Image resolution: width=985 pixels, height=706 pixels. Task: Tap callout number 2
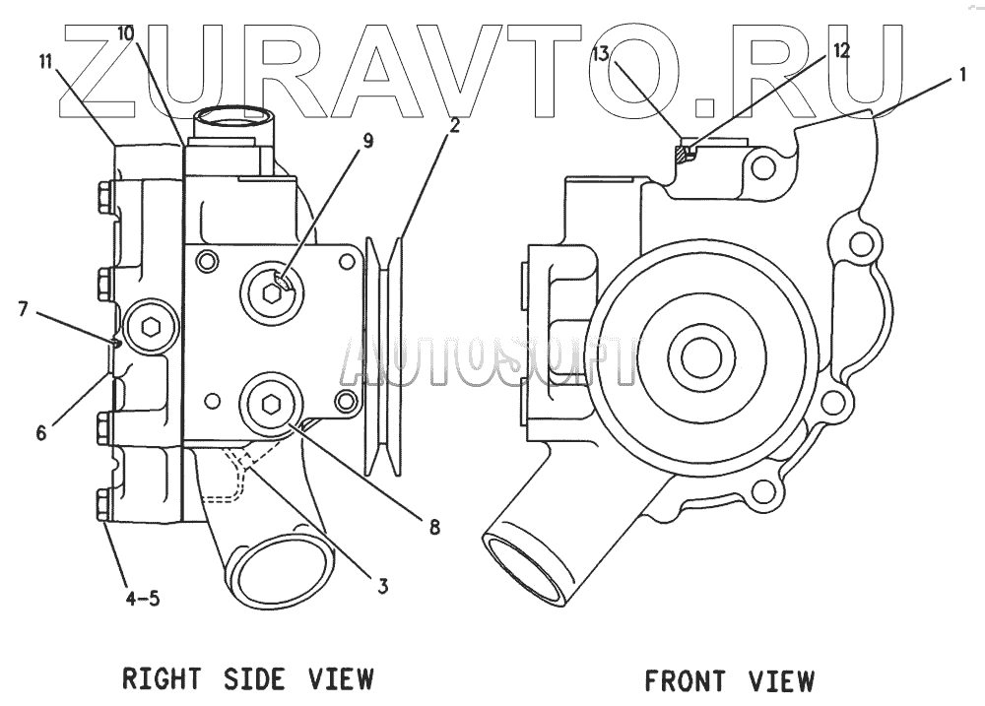(454, 125)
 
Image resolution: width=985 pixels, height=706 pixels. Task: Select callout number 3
(382, 587)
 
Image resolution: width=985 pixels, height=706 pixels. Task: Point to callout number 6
(41, 431)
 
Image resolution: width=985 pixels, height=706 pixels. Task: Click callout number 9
(367, 142)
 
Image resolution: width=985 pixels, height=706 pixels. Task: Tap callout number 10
(125, 32)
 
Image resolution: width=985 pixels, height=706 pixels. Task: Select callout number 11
(45, 62)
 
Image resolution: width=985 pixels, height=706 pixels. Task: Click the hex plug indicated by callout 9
(273, 289)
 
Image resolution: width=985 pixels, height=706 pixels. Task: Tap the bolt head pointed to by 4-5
(104, 505)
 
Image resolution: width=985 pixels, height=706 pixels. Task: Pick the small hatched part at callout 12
(682, 154)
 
